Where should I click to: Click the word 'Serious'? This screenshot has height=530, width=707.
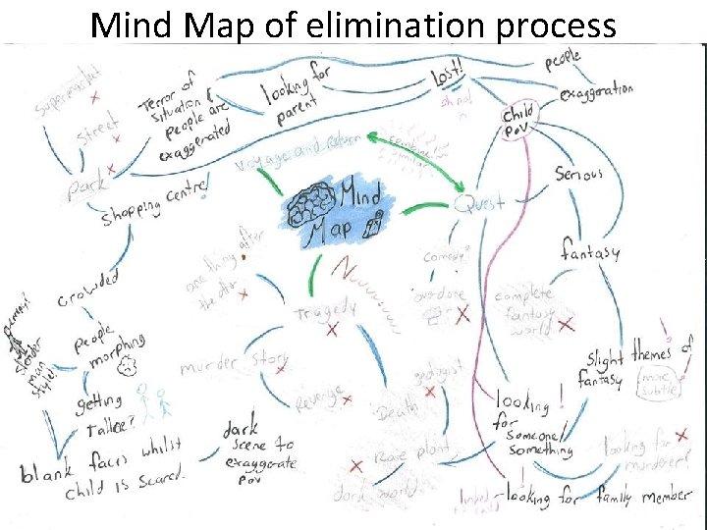(578, 174)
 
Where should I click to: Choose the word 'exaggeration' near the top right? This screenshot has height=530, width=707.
(596, 91)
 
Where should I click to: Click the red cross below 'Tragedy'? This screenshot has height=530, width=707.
(332, 332)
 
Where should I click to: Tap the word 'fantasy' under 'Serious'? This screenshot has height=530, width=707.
(590, 250)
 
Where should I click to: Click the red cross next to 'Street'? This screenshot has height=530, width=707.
(115, 140)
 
